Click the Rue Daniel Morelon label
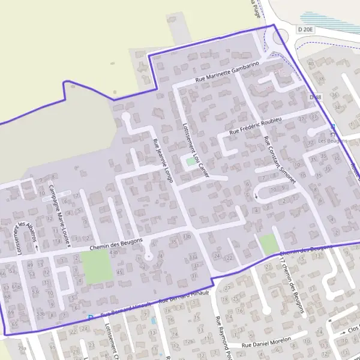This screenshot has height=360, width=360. (x=266, y=342)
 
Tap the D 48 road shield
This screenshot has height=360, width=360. (x=316, y=97)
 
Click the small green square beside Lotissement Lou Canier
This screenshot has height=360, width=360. (x=191, y=161)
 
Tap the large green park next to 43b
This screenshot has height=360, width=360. (x=97, y=267)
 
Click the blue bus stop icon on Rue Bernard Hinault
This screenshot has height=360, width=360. (x=91, y=317)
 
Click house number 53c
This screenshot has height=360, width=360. (x=37, y=292)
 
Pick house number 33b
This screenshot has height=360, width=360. (x=186, y=237)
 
